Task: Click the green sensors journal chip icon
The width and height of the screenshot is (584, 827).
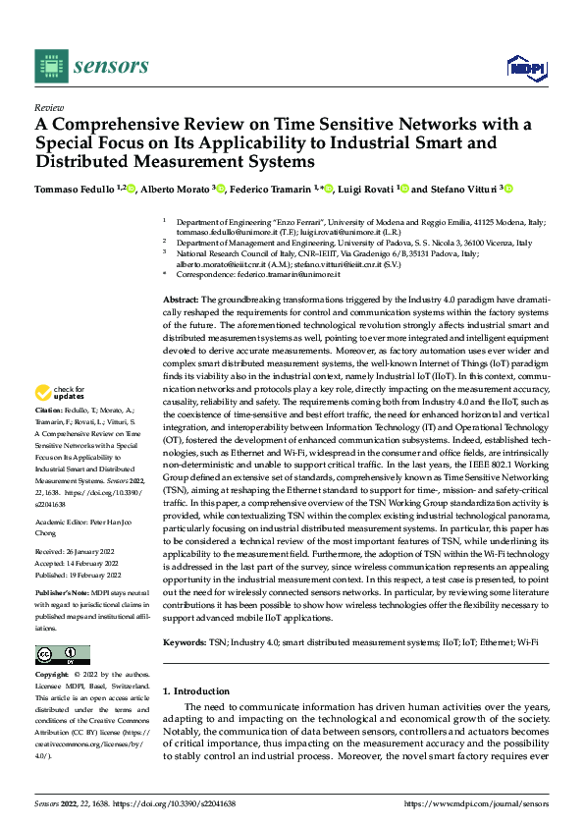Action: (51, 66)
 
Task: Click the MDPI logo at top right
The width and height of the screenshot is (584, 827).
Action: (525, 67)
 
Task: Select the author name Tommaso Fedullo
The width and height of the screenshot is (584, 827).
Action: (72, 190)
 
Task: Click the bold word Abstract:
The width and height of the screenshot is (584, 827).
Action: (181, 297)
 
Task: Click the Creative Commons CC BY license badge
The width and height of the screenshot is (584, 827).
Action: (62, 656)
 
